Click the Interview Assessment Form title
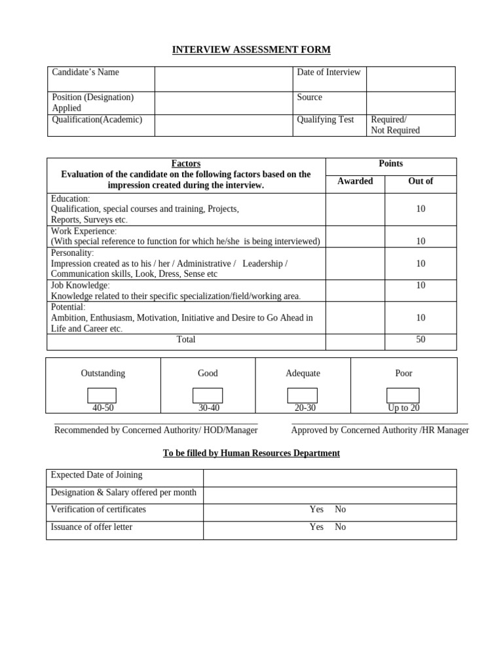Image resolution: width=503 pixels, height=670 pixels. click(251, 50)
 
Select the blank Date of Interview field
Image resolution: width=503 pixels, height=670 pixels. click(410, 79)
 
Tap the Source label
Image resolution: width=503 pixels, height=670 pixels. click(309, 97)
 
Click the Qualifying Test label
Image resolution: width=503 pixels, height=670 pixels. click(325, 120)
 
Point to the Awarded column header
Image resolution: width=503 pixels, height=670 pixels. click(355, 181)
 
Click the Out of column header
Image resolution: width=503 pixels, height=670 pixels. click(420, 181)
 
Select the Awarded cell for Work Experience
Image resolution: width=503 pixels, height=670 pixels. click(355, 236)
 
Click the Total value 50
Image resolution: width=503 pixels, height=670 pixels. click(420, 340)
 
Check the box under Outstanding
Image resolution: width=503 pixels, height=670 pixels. click(102, 395)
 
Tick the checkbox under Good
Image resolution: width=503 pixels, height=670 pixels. click(207, 395)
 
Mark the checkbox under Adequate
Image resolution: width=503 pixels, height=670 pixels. click(302, 395)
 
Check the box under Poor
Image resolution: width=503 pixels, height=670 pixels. click(403, 395)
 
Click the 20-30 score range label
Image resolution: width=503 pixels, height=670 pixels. click(303, 408)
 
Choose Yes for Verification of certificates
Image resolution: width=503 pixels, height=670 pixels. click(316, 510)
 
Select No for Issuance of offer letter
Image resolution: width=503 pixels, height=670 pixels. click(340, 527)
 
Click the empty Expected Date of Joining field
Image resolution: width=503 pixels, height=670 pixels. click(329, 478)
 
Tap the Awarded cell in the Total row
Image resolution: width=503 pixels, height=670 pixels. click(355, 342)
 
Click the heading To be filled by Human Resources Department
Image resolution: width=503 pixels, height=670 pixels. click(251, 453)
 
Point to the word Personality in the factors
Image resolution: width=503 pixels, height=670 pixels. click(72, 253)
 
